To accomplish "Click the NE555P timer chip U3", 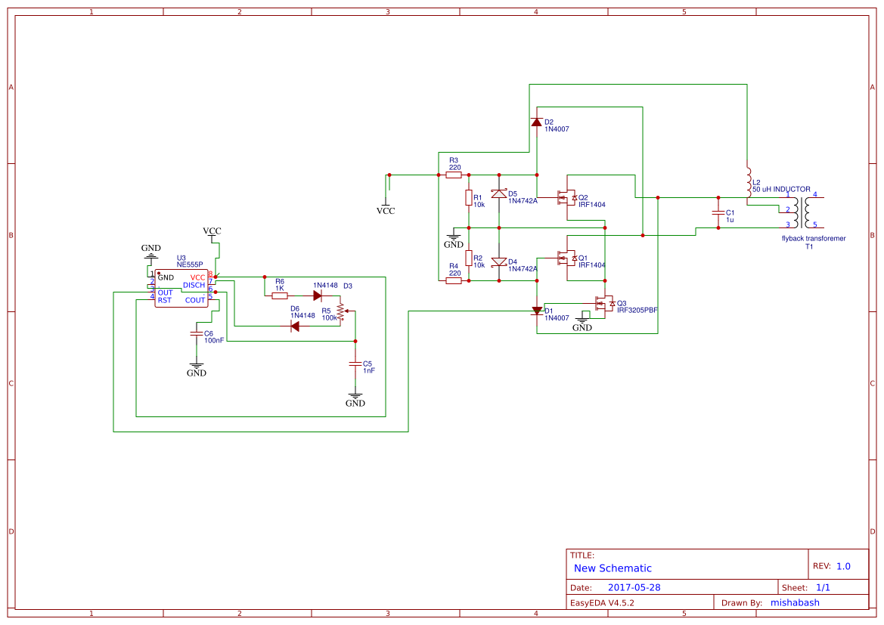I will pyautogui.click(x=181, y=289).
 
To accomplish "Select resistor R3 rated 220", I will pyautogui.click(x=454, y=175).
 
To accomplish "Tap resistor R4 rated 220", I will pyautogui.click(x=454, y=280).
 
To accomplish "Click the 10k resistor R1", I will pyautogui.click(x=469, y=198).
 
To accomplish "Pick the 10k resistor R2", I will pyautogui.click(x=469, y=259).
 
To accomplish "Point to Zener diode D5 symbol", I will pyautogui.click(x=499, y=194).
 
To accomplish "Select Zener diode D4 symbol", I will pyautogui.click(x=499, y=262).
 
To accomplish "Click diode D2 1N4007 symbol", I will pyautogui.click(x=537, y=122).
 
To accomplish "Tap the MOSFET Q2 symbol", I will pyautogui.click(x=566, y=198).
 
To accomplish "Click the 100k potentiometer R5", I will pyautogui.click(x=340, y=311).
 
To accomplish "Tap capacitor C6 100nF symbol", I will pyautogui.click(x=197, y=333).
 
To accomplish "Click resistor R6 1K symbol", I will pyautogui.click(x=280, y=295).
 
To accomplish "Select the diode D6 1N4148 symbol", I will pyautogui.click(x=295, y=326).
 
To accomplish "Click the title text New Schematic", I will pyautogui.click(x=613, y=568).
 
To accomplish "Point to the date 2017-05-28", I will pyautogui.click(x=634, y=587).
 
